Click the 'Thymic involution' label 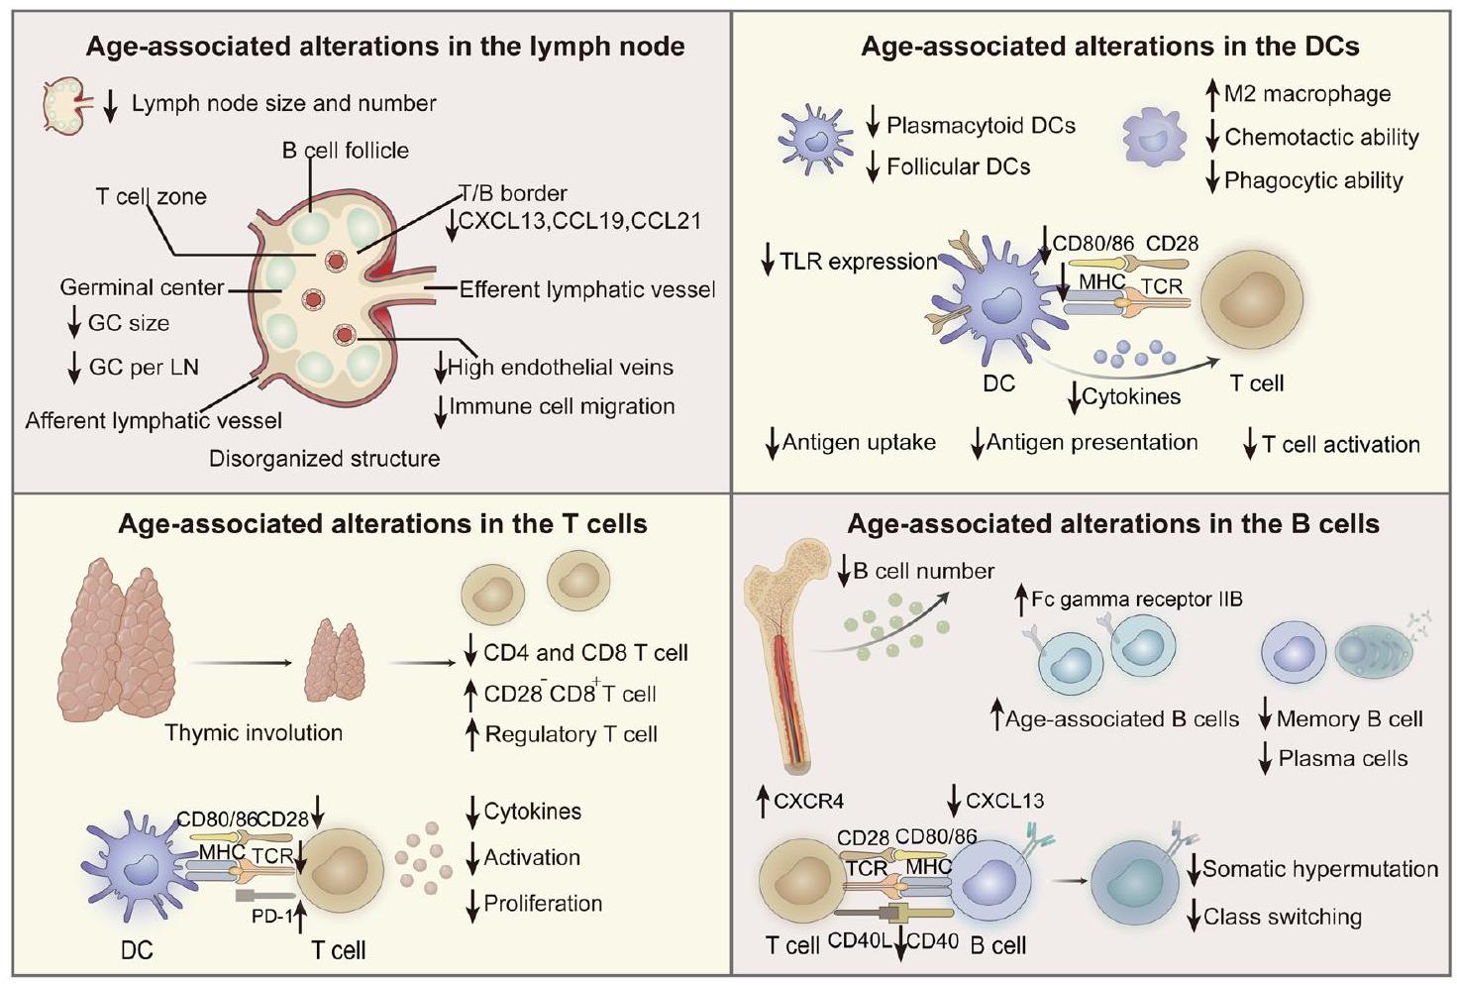pos(254,733)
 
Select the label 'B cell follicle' pos(345,151)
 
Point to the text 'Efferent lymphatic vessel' pos(587,290)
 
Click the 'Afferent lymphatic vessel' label pos(154,420)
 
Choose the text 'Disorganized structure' pos(324,459)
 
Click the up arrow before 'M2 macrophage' pos(1211,94)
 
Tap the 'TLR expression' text pos(858,262)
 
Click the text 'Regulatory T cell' pos(571,734)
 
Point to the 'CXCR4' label pos(808,801)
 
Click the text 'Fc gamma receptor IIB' pos(1136,600)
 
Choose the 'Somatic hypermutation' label pos(1319,869)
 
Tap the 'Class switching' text pos(1282,917)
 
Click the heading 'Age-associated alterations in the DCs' pos(1109,47)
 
